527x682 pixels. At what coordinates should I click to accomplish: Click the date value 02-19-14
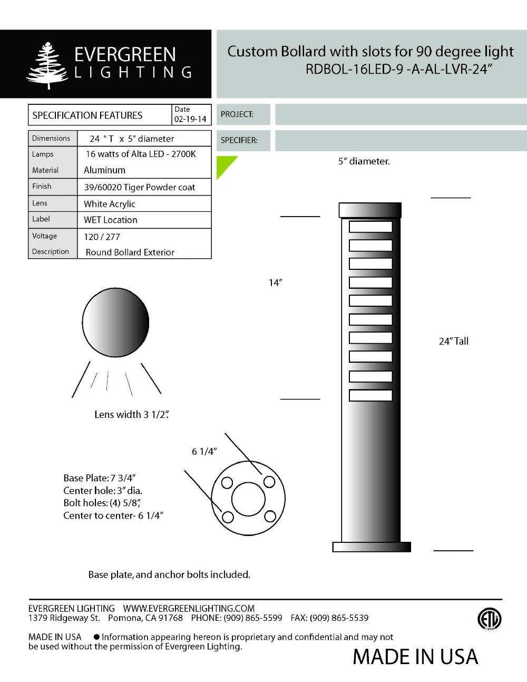pyautogui.click(x=190, y=120)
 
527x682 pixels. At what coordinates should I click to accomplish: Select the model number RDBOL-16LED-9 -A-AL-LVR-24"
pyautogui.click(x=398, y=70)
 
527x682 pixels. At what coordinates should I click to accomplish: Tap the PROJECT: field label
pyautogui.click(x=237, y=114)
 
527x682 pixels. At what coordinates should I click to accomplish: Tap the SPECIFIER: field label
pyautogui.click(x=239, y=140)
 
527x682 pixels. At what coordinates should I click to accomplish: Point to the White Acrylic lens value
pyautogui.click(x=110, y=204)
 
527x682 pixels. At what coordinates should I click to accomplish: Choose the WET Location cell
pyautogui.click(x=110, y=220)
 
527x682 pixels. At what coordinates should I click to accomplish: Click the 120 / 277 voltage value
pyautogui.click(x=102, y=237)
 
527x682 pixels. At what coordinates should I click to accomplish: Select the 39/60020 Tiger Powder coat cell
pyautogui.click(x=139, y=187)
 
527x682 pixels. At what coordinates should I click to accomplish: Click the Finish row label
pyautogui.click(x=42, y=186)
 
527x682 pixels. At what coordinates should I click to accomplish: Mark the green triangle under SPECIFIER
pyautogui.click(x=224, y=164)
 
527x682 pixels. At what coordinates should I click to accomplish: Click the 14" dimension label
pyautogui.click(x=275, y=283)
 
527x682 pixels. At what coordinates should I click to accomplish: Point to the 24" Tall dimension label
pyautogui.click(x=453, y=341)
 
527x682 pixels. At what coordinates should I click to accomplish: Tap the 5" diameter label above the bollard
pyautogui.click(x=364, y=161)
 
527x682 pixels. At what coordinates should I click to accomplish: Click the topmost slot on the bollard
pyautogui.click(x=370, y=227)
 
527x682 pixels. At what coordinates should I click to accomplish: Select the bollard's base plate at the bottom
pyautogui.click(x=372, y=547)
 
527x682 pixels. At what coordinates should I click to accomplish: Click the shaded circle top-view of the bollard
pyautogui.click(x=115, y=323)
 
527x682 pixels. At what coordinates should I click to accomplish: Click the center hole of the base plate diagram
pyautogui.click(x=248, y=498)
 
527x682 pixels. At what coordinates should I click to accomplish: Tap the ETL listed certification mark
pyautogui.click(x=489, y=619)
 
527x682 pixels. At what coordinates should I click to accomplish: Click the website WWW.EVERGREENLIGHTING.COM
pyautogui.click(x=189, y=608)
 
